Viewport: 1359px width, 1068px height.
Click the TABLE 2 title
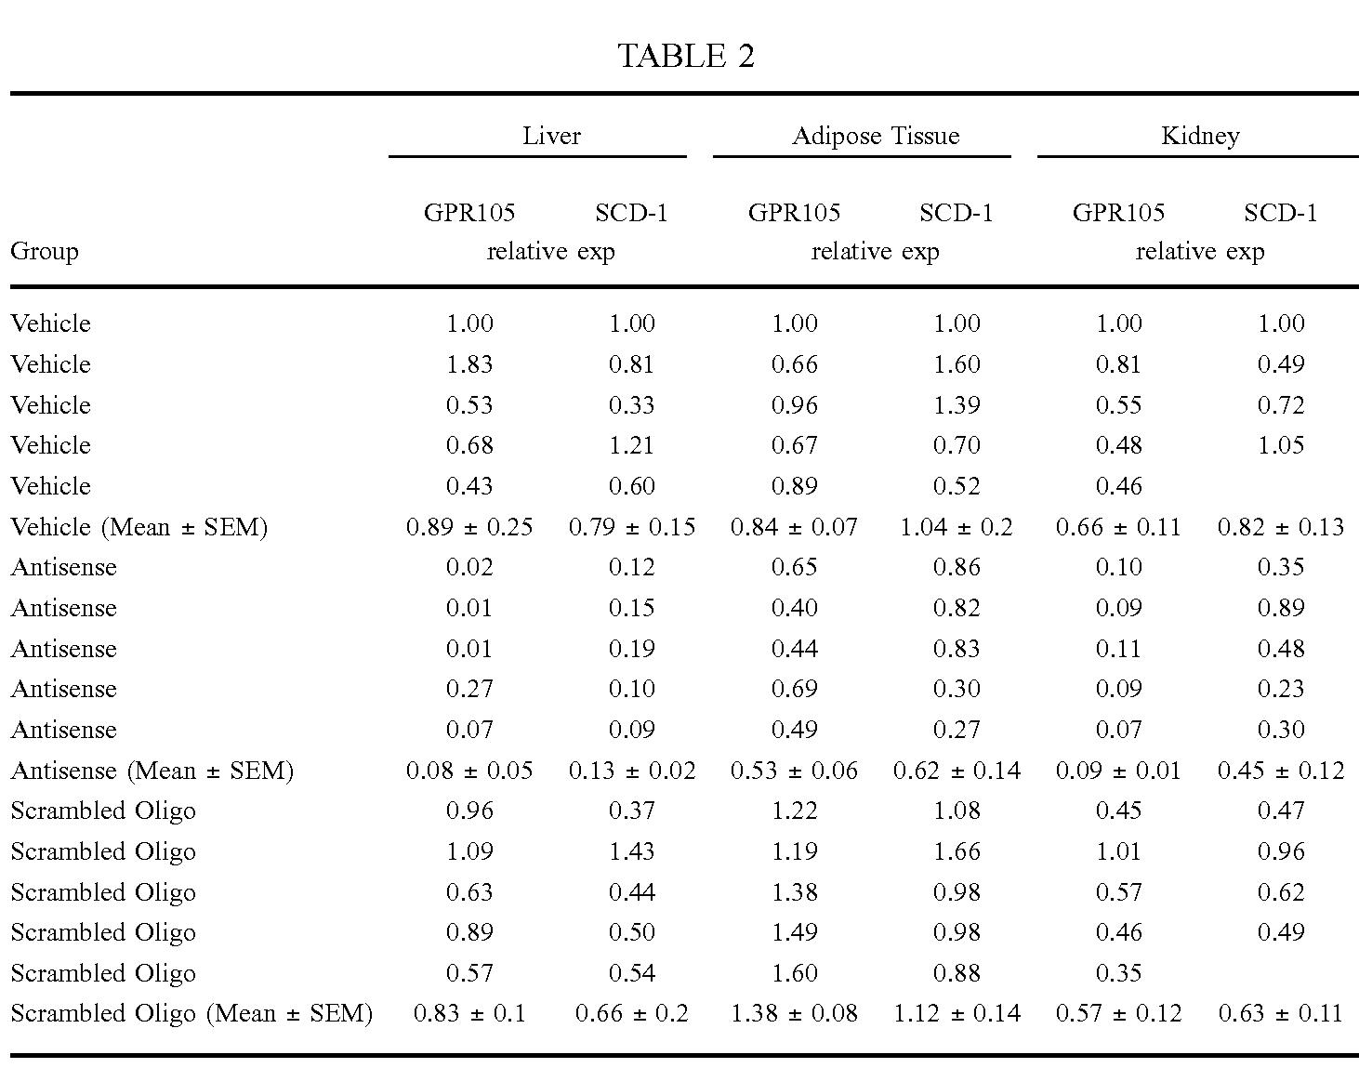(686, 56)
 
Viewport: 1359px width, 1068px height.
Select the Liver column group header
(551, 136)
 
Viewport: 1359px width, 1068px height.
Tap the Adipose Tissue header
(876, 136)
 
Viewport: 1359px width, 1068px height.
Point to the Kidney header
(1200, 136)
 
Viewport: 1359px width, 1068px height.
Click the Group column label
(45, 251)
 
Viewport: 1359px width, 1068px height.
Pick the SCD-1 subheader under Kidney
(1280, 213)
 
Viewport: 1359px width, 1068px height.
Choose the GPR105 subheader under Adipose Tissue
(794, 213)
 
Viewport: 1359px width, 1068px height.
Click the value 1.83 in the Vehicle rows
(469, 364)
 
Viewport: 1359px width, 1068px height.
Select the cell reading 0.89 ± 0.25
(469, 527)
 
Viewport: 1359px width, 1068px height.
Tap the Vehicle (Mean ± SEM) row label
(139, 527)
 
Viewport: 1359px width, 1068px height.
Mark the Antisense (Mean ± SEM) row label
(152, 771)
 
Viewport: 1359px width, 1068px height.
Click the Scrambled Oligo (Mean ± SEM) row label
(192, 1013)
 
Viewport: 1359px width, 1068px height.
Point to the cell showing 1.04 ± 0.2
(957, 527)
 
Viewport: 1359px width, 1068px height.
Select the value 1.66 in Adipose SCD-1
(957, 851)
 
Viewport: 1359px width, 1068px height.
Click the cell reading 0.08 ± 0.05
(469, 771)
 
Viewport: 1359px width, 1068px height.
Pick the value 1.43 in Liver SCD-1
(632, 851)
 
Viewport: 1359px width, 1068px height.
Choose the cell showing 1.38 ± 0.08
(794, 1013)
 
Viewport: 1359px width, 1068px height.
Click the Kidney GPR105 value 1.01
(1119, 851)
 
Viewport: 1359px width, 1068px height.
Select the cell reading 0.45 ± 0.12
(1281, 771)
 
